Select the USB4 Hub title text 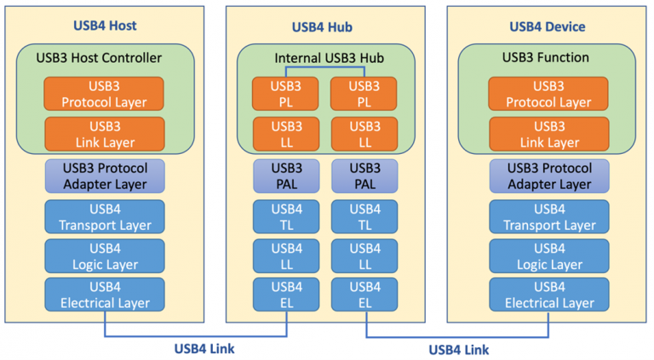click(326, 26)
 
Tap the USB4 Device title click(548, 26)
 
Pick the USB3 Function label click(548, 58)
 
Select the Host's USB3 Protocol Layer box click(105, 94)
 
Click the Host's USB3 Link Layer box click(105, 133)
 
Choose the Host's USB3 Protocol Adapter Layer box click(105, 175)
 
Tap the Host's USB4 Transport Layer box click(105, 216)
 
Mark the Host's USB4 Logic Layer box click(105, 255)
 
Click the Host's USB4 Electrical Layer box click(105, 294)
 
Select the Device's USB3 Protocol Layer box click(548, 94)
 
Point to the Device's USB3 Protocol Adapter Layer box click(548, 175)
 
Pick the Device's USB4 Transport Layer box click(548, 216)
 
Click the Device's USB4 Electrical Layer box click(548, 294)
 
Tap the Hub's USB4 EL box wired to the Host click(287, 294)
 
